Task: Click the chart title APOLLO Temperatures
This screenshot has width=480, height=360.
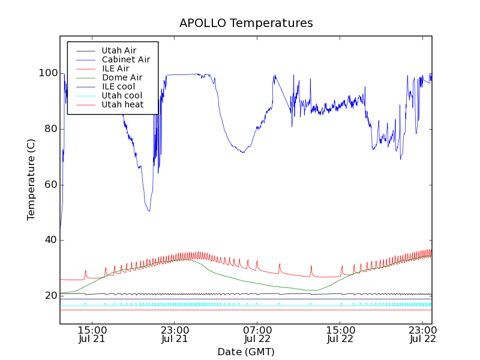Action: click(246, 23)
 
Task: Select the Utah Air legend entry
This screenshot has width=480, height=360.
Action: click(119, 50)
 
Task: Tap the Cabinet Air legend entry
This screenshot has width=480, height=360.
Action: click(125, 59)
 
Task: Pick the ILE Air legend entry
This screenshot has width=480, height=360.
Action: click(115, 68)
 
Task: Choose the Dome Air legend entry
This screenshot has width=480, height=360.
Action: click(122, 77)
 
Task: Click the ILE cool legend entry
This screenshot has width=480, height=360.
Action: click(118, 86)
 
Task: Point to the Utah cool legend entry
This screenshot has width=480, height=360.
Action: click(122, 95)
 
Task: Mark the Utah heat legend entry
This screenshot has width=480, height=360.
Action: click(122, 104)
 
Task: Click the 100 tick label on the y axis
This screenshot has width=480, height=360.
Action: click(48, 73)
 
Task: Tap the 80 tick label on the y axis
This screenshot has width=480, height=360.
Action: click(50, 129)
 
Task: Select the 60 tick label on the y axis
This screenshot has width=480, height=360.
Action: click(50, 184)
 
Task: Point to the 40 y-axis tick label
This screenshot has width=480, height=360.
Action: click(50, 240)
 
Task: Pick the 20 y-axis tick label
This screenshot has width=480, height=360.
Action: click(50, 296)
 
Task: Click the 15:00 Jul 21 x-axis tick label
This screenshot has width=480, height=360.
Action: click(92, 334)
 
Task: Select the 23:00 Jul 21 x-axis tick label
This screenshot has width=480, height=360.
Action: click(175, 334)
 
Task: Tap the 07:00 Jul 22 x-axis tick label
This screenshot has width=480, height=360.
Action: click(257, 334)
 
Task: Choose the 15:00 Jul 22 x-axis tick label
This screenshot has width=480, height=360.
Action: click(340, 334)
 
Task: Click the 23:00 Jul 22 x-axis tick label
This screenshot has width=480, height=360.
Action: click(422, 334)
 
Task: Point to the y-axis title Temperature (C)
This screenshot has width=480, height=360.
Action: click(31, 179)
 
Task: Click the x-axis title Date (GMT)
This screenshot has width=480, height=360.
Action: click(246, 352)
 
